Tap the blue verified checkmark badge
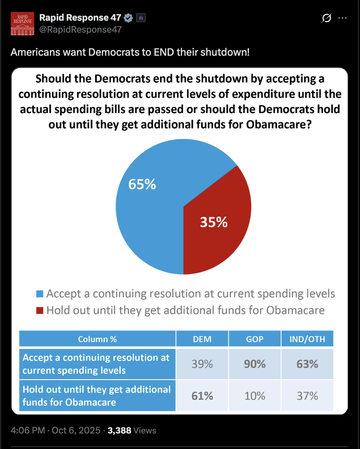point(128,18)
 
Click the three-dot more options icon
point(342,18)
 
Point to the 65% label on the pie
point(142,184)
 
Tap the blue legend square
point(39,294)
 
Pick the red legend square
point(39,310)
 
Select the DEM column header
point(202,339)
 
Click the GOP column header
point(255,339)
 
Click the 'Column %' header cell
point(98,339)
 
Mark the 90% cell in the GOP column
point(255,364)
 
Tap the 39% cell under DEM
point(202,364)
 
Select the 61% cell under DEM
point(202,396)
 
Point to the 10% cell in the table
point(255,396)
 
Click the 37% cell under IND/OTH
point(307,396)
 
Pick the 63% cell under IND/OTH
point(307,364)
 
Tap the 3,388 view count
point(119,430)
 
